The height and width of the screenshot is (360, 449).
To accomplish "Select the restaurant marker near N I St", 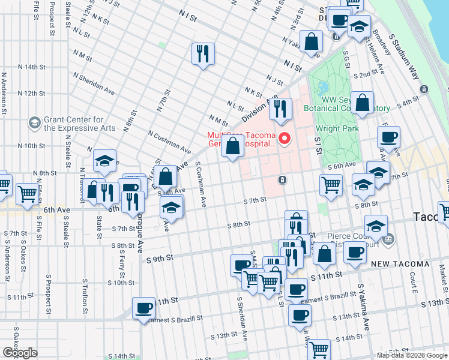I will click(203, 54).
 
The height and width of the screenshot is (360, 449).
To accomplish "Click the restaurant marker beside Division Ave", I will click(280, 109).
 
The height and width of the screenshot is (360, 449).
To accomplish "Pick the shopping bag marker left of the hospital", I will click(232, 146).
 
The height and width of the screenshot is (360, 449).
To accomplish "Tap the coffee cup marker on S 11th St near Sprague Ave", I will click(143, 308).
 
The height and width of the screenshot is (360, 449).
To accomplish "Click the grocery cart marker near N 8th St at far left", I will click(28, 194).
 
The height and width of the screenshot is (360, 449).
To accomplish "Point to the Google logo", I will click(20, 353).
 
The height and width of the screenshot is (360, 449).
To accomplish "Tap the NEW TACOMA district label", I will click(400, 264).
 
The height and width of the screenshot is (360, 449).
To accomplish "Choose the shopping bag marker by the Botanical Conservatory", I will click(363, 103).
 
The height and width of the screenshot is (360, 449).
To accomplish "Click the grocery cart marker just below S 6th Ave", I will click(331, 185).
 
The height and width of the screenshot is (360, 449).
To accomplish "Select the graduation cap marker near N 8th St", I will click(104, 161).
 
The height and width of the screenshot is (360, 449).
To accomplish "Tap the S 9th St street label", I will click(160, 258).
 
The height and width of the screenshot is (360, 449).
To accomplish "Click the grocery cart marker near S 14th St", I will click(319, 349).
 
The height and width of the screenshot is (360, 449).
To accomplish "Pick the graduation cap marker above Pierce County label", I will click(375, 226).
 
